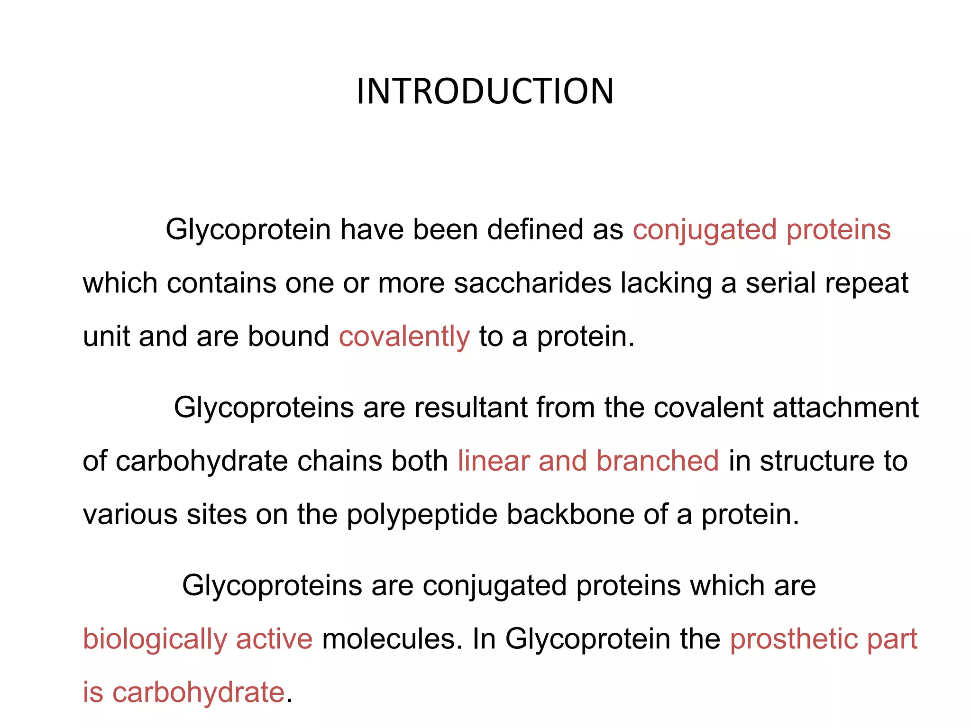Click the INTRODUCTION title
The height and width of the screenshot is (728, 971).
[x=485, y=91]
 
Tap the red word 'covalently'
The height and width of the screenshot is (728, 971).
[x=404, y=337]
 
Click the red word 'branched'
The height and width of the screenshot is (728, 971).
[x=658, y=461]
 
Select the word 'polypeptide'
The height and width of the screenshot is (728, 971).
[x=422, y=515]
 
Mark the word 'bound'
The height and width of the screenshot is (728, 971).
[x=289, y=337]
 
